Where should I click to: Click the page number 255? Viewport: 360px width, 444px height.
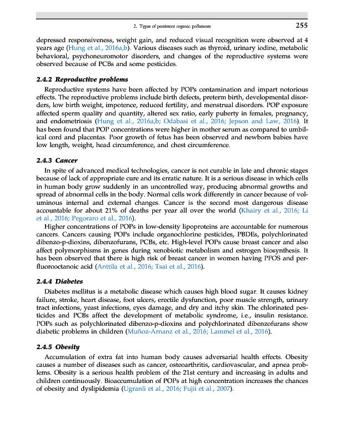point(301,25)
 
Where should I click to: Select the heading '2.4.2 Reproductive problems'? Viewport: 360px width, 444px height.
point(78,79)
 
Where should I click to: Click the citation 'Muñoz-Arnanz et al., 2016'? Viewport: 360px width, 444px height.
point(167,331)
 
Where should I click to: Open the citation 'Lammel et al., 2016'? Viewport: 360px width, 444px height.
point(240,331)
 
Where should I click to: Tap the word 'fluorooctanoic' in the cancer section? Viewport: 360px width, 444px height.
point(61,267)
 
